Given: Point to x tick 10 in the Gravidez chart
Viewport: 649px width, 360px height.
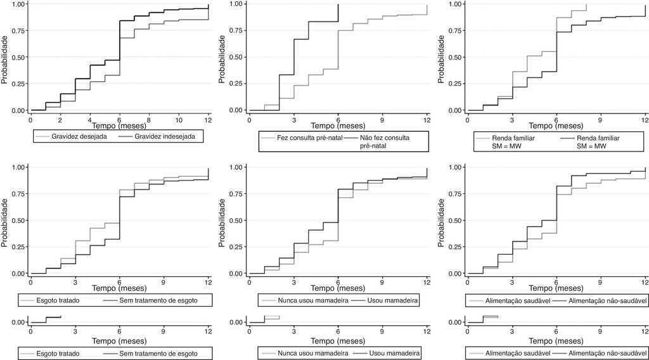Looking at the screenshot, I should (x=179, y=119).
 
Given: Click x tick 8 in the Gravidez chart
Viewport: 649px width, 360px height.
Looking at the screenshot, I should (x=149, y=119).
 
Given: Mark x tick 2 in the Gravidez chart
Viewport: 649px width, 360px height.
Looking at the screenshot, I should (x=60, y=119).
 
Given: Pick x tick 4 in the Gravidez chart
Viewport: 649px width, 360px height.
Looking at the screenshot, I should (x=90, y=119).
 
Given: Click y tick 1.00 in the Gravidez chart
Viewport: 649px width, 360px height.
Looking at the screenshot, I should (x=18, y=4).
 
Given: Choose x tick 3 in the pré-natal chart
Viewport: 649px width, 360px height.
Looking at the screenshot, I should (x=293, y=119).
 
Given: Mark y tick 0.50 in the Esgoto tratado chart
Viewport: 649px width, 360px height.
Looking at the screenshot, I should (x=18, y=221).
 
